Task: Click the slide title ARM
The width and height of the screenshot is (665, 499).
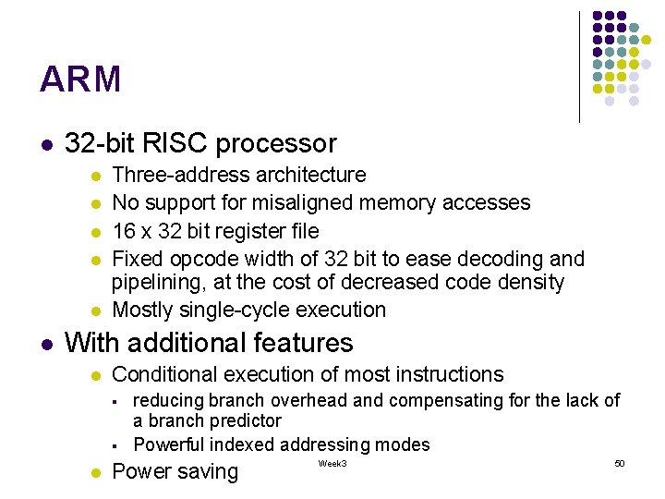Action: click(x=80, y=80)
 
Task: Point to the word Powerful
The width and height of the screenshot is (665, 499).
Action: click(x=169, y=444)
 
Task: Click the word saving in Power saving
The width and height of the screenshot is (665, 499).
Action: click(x=205, y=472)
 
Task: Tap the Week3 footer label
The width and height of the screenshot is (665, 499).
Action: click(x=332, y=463)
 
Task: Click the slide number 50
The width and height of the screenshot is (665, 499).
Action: click(x=619, y=462)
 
